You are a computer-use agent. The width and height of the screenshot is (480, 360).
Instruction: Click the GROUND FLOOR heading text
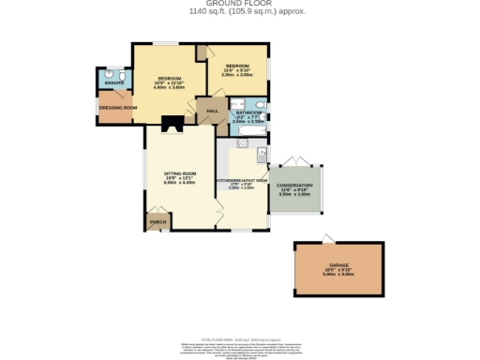click(x=239, y=4)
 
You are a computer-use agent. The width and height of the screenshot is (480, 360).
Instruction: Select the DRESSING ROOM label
click(x=118, y=108)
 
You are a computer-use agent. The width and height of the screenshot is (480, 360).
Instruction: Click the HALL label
click(x=212, y=112)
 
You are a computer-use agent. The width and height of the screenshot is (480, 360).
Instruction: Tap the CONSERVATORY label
click(x=294, y=186)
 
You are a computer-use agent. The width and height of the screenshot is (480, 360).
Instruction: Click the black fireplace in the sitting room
click(x=171, y=123)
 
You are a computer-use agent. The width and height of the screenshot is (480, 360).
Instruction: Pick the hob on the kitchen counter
click(x=242, y=143)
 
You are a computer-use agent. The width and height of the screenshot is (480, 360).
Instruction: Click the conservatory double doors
click(x=295, y=161)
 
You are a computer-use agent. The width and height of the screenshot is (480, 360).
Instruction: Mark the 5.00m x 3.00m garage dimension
click(x=338, y=275)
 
